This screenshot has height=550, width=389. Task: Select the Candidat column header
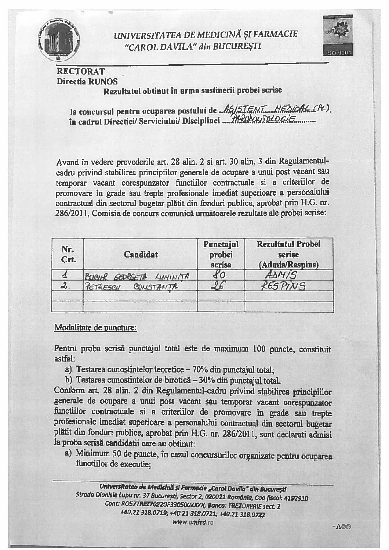[x=141, y=254]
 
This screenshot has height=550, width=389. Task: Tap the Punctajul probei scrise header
[x=221, y=254]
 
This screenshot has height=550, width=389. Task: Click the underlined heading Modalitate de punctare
[x=95, y=327]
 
